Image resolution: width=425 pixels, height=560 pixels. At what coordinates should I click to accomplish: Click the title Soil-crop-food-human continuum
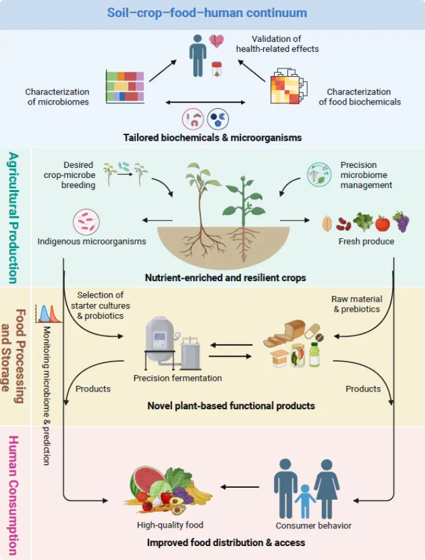coord(207,13)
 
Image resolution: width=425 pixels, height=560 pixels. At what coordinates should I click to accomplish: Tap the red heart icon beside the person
coord(216,41)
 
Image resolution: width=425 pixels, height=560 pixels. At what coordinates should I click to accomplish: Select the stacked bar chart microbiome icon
coord(125,87)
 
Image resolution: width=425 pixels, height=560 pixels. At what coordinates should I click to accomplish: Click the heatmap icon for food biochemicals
coord(289,86)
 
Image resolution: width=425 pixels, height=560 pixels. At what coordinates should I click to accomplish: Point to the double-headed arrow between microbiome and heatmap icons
coord(206,103)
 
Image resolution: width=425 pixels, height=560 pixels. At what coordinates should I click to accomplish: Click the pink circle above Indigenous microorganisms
coord(86,222)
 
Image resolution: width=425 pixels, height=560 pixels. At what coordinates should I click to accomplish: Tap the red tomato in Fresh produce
coord(383,224)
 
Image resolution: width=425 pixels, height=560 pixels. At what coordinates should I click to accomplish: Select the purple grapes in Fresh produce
coord(402,222)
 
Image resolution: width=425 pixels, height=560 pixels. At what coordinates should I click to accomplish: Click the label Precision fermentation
coord(178,378)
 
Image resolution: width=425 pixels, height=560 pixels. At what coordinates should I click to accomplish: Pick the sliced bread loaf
coord(285,333)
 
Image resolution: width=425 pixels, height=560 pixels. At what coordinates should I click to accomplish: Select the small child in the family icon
coord(305,501)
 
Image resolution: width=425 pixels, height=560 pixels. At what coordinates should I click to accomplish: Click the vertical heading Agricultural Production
coord(13,218)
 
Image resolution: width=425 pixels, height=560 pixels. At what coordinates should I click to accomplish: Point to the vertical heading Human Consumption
coord(13,495)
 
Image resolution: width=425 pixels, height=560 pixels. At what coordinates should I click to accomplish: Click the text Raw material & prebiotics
coord(356,304)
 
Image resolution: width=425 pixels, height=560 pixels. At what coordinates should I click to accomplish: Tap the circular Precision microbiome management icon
coord(319,175)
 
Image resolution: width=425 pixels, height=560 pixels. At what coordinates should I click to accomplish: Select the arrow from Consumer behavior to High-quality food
coord(240,487)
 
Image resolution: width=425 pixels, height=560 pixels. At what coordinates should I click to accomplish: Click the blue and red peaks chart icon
coord(48,314)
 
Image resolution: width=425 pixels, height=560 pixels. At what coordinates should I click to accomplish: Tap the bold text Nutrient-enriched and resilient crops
coord(225,278)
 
